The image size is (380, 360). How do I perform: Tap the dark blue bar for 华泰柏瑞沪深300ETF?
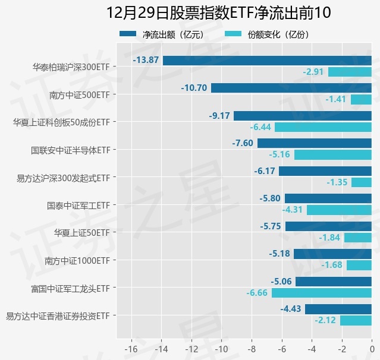[267, 60]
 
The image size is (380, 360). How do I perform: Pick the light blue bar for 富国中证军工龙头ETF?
[322, 293]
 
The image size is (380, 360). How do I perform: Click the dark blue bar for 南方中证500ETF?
[291, 88]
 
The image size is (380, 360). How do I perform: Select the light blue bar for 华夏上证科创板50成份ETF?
[323, 127]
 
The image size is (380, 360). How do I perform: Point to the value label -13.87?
[146, 60]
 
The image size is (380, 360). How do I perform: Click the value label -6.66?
[257, 293]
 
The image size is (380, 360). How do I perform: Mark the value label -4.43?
[291, 309]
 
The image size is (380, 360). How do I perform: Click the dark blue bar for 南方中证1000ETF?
[332, 254]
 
